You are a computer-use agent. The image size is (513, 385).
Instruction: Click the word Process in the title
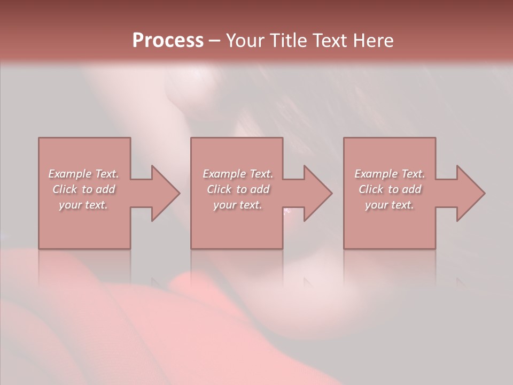tap(168, 41)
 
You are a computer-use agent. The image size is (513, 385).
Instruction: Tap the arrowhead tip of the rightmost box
tap(484, 193)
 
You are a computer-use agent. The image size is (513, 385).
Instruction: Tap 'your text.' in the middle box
tap(237, 205)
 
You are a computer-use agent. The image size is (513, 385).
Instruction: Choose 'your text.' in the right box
tap(389, 205)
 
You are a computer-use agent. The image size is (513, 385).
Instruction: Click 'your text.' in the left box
tap(83, 205)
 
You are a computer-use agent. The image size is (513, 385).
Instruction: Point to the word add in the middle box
tap(259, 189)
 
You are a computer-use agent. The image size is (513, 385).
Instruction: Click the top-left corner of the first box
tap(39, 138)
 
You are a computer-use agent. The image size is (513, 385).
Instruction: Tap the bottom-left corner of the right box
tap(344, 248)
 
